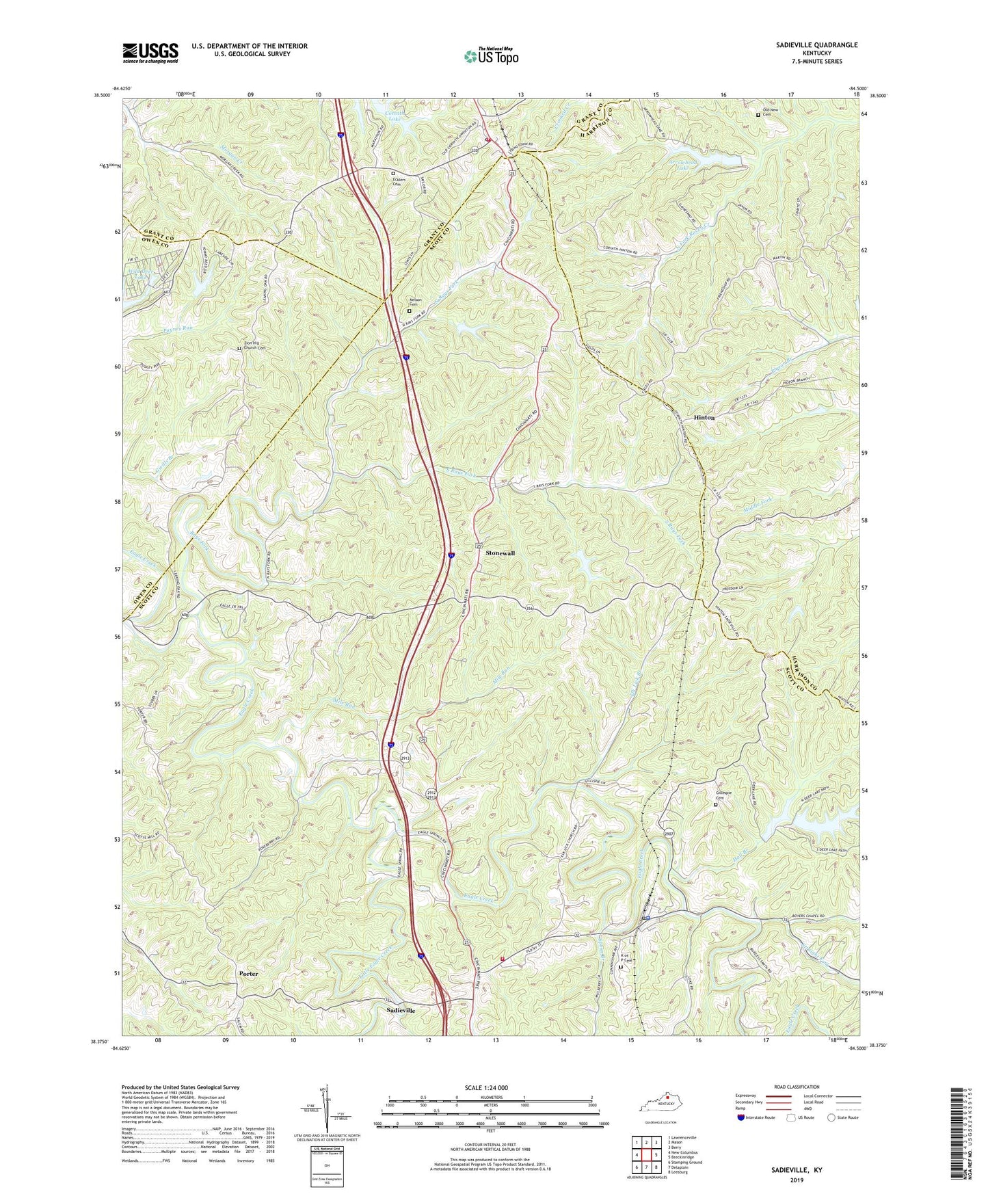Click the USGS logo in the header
[150, 53]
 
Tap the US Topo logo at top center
[490, 56]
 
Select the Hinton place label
[704, 417]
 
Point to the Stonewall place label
[500, 553]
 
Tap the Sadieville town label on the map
[405, 1009]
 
